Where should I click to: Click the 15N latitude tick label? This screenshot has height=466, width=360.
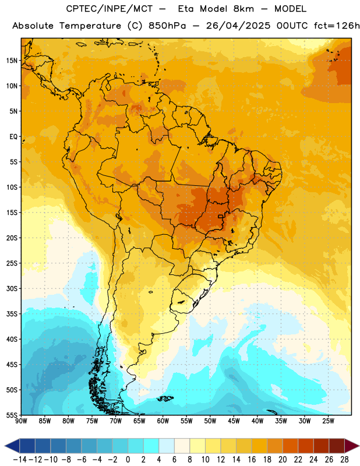click(x=12, y=61)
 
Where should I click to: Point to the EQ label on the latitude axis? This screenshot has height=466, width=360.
click(x=13, y=137)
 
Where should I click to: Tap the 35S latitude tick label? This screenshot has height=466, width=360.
click(x=12, y=314)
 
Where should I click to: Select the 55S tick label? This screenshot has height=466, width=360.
click(x=12, y=415)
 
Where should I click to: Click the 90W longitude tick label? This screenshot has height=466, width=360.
click(x=21, y=421)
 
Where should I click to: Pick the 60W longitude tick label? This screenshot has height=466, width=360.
click(x=163, y=421)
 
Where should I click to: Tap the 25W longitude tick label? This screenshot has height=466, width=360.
click(x=328, y=421)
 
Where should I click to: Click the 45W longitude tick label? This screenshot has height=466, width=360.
click(x=234, y=421)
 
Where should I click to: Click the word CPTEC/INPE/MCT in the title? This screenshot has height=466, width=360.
click(x=110, y=9)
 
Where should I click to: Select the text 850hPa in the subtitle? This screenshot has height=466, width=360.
click(x=167, y=26)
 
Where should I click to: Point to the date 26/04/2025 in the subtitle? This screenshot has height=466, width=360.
click(x=238, y=26)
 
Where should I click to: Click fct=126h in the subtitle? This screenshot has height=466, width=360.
click(x=337, y=26)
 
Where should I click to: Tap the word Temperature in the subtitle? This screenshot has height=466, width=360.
click(x=90, y=26)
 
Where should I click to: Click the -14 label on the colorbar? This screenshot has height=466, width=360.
click(x=20, y=460)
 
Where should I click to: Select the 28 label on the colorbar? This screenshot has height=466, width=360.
click(x=344, y=460)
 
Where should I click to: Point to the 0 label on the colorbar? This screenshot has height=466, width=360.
click(x=128, y=460)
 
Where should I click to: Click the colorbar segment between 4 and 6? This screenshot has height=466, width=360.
click(x=167, y=446)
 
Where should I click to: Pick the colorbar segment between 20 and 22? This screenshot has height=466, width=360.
click(x=291, y=446)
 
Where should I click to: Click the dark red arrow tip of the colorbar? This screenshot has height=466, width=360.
click(x=352, y=446)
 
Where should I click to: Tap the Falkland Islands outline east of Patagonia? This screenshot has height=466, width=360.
click(x=165, y=398)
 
